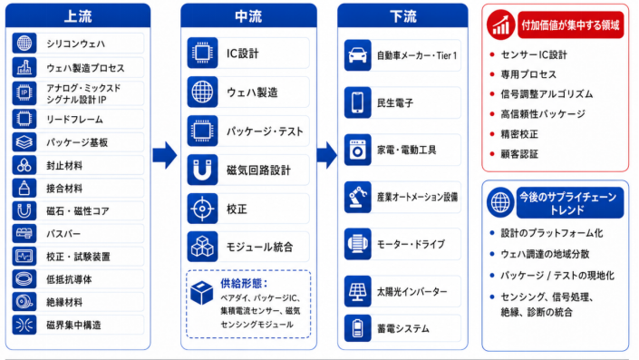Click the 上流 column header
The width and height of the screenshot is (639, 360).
[x=78, y=16]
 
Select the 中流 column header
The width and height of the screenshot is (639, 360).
[x=248, y=16]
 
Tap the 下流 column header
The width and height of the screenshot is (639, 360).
[x=402, y=16]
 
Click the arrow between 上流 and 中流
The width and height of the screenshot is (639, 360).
[x=165, y=155]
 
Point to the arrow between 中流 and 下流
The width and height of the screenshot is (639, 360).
[x=327, y=155]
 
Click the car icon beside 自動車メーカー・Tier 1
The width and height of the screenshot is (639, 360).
[x=357, y=55]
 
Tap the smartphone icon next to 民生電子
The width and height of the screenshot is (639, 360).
[x=357, y=102]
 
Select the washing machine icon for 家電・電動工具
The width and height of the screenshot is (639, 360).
[x=357, y=150]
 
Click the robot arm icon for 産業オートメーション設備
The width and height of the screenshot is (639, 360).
[x=357, y=197]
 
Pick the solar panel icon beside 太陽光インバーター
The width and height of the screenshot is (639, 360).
[x=357, y=291]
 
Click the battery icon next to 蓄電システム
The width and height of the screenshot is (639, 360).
[x=357, y=327]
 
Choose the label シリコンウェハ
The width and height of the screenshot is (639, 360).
[x=76, y=44]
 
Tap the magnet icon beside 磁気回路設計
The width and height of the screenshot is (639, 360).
[x=202, y=170]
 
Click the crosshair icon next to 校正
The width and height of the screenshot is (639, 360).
[x=202, y=209]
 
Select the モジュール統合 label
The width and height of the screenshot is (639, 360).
[x=259, y=247]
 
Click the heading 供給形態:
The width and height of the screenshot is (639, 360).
[x=244, y=283]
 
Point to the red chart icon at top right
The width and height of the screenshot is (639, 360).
[x=501, y=24]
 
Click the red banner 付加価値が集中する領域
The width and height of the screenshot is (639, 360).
[x=570, y=25]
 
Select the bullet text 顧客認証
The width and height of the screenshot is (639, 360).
[x=519, y=154]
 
